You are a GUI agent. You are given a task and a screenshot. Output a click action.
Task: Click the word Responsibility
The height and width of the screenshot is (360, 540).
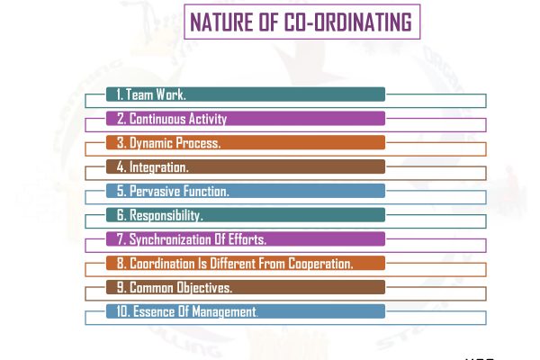pyautogui.click(x=166, y=216)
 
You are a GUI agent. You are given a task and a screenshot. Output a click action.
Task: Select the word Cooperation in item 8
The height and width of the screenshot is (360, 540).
pyautogui.click(x=318, y=264)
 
